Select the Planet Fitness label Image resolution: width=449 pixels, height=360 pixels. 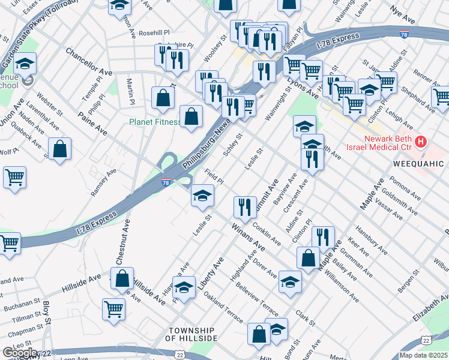coord(155,122)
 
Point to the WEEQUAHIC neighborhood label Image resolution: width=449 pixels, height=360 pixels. coord(418,164)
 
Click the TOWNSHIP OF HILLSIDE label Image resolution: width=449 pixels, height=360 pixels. coord(191,335)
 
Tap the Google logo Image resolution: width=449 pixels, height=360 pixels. coord(19,353)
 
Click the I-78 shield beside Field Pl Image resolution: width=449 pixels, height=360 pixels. coord(166,181)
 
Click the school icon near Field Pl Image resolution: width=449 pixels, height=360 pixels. coord(202,195)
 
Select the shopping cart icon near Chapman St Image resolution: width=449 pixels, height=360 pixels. coord(113,308)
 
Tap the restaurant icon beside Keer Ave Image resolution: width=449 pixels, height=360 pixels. coord(323,237)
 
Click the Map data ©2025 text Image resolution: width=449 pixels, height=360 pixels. coord(424,355)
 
